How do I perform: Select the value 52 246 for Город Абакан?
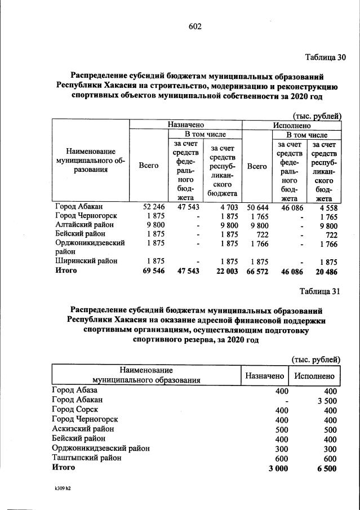tap(149, 207)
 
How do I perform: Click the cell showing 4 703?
tap(228, 207)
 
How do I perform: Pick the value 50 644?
tap(257, 207)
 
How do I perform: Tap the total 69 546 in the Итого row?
tap(148, 270)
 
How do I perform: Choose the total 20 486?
tap(323, 270)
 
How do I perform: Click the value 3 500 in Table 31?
tap(326, 401)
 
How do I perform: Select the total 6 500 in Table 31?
tap(326, 468)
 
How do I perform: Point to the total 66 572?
tap(257, 270)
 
